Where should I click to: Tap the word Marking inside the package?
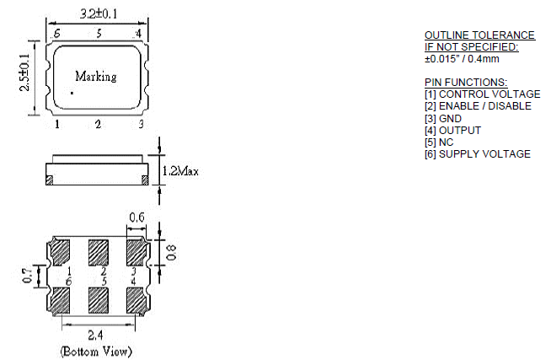click(x=95, y=77)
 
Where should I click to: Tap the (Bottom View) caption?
click(x=95, y=350)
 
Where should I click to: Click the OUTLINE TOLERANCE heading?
click(x=479, y=35)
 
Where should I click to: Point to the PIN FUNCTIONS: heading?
click(x=466, y=82)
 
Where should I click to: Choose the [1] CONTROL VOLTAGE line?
click(x=482, y=94)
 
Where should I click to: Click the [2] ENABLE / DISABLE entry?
click(x=478, y=106)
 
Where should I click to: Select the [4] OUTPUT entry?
click(x=452, y=130)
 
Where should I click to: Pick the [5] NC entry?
click(x=441, y=142)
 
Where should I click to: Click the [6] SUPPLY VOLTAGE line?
click(x=478, y=153)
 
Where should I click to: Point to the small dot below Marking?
click(x=73, y=93)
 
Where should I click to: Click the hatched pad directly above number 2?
click(x=99, y=251)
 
